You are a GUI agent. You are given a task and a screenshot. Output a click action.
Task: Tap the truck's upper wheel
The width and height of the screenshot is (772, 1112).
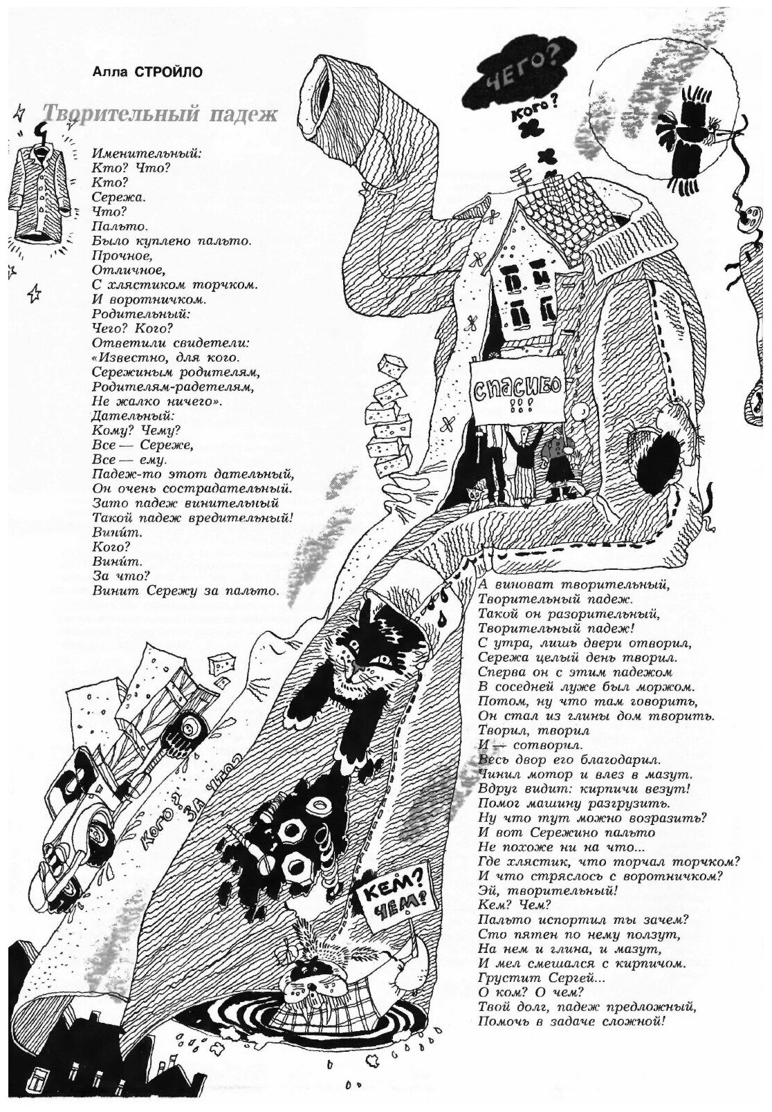(x=187, y=728)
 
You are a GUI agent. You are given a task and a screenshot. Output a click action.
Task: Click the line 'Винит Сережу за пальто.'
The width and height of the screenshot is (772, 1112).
(x=185, y=591)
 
